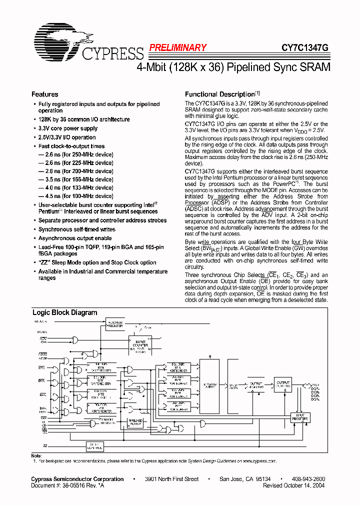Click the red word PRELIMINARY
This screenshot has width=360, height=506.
coord(177,48)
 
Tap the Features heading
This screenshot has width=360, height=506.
coord(44,94)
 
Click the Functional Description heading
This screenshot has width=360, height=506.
coord(220,94)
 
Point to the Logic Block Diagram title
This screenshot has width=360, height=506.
coord(65,312)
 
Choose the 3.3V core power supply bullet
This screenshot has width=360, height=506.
coord(68,128)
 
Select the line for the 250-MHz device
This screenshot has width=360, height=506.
coord(75,154)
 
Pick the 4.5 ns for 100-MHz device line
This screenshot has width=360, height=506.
coord(75,196)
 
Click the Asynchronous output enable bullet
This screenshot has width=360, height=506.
coord(75,238)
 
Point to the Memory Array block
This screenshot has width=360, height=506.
coord(210,386)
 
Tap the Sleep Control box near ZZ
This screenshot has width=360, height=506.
coord(93,446)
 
